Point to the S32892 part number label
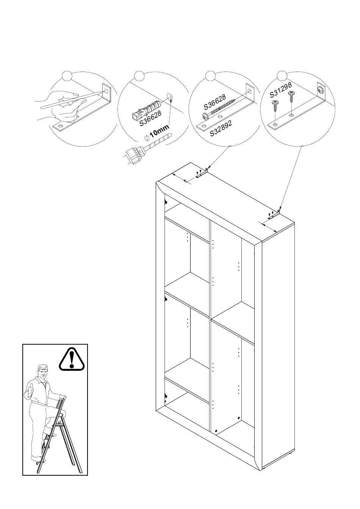click(x=221, y=128)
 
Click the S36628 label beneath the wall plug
click(x=150, y=118)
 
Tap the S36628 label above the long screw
click(x=215, y=101)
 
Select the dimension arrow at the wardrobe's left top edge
click(x=181, y=178)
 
